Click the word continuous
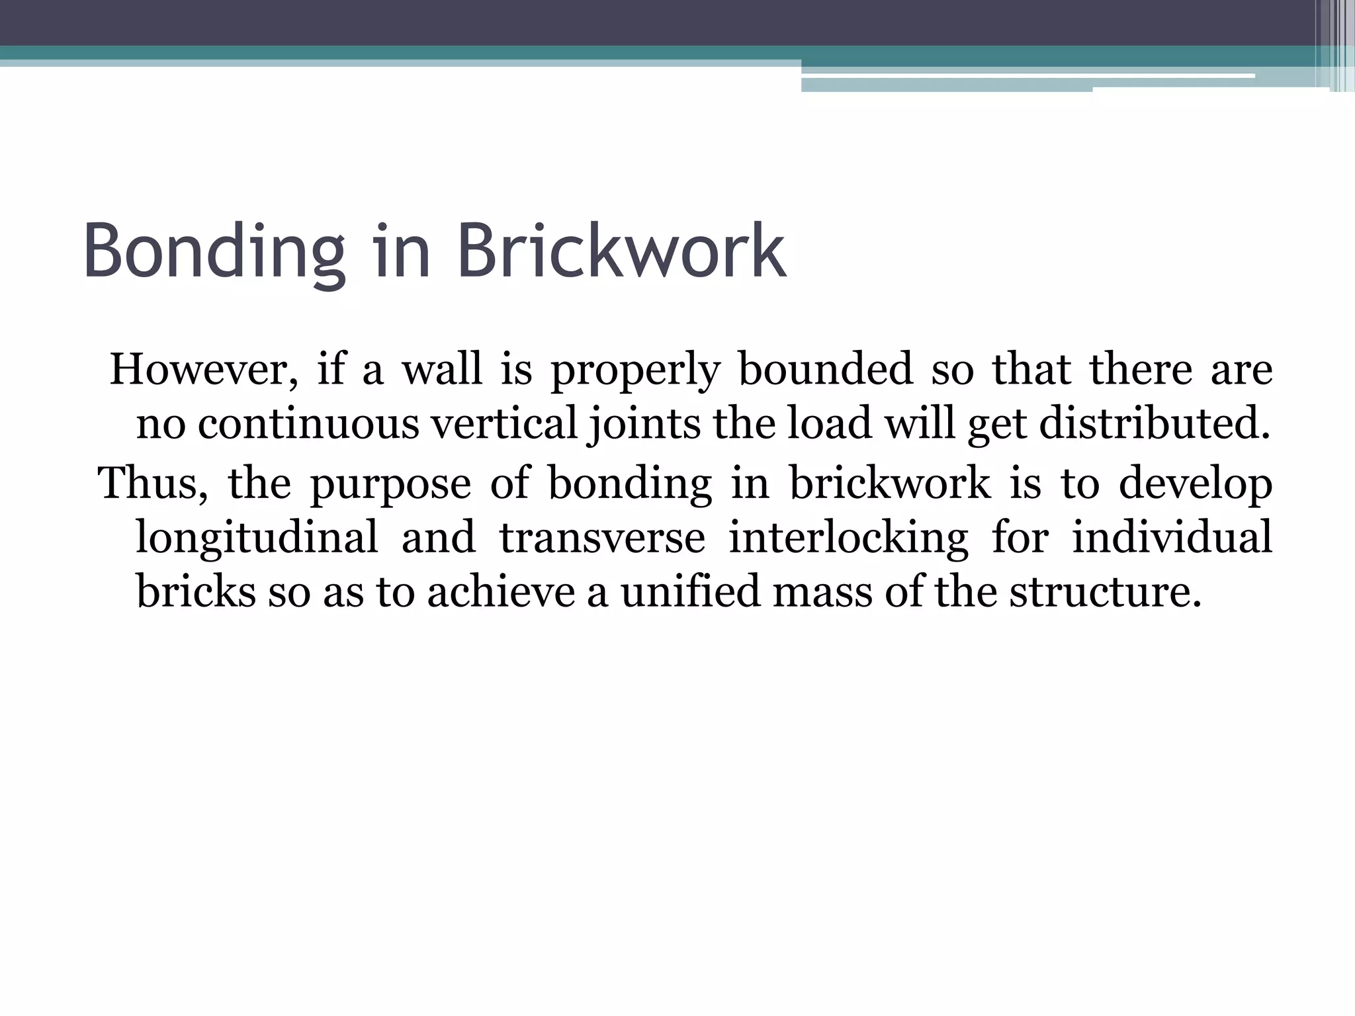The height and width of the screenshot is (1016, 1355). [x=308, y=424]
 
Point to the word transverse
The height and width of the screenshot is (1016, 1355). [x=602, y=537]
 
